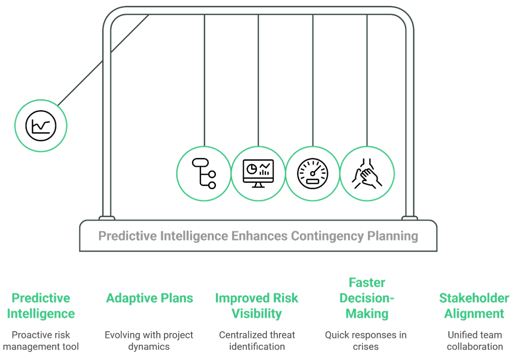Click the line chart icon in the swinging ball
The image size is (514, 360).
[41, 125]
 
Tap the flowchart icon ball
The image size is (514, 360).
[204, 173]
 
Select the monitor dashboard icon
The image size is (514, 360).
[258, 173]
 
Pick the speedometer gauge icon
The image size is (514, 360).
[313, 173]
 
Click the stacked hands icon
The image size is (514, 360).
[367, 173]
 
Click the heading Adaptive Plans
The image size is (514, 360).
[150, 298]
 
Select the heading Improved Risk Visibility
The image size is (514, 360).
[257, 306]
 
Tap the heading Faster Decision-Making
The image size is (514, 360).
[367, 298]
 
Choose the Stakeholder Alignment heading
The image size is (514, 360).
[474, 306]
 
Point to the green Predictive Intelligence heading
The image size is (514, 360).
[41, 306]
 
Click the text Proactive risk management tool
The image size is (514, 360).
[41, 341]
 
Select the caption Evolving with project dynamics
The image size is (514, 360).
[149, 341]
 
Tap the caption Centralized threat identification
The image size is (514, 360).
[257, 341]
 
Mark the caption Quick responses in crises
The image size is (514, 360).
[366, 341]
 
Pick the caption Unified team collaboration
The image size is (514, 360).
[475, 341]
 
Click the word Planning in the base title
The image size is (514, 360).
[393, 236]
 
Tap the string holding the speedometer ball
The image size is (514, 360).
[313, 81]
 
